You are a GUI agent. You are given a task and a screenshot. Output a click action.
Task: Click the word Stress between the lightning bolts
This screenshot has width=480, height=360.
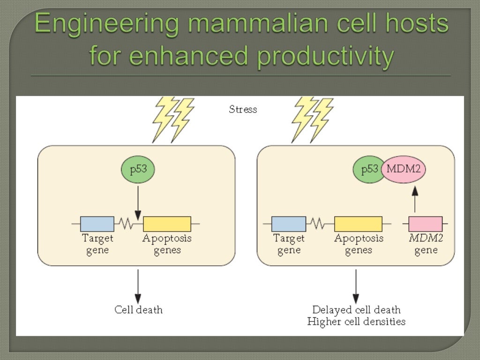pyautogui.click(x=243, y=110)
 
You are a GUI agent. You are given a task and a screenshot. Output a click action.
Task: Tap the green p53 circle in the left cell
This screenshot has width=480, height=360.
pyautogui.click(x=138, y=170)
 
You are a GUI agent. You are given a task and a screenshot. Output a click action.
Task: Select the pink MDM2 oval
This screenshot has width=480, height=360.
pyautogui.click(x=404, y=170)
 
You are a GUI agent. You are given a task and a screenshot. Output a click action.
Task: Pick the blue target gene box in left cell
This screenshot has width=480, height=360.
pyautogui.click(x=97, y=224)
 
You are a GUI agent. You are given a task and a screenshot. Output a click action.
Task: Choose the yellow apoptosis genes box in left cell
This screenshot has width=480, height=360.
pyautogui.click(x=167, y=224)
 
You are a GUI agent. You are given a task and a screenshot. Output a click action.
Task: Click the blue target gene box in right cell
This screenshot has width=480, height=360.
pyautogui.click(x=289, y=224)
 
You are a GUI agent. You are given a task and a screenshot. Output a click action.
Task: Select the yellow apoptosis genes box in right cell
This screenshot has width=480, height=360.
pyautogui.click(x=358, y=224)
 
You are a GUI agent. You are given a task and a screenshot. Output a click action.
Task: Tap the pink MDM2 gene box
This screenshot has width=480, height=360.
pyautogui.click(x=426, y=224)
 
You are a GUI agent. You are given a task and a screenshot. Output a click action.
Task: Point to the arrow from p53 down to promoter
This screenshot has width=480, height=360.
pyautogui.click(x=138, y=202)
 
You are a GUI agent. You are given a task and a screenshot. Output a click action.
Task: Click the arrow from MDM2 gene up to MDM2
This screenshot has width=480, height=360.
pyautogui.click(x=415, y=199)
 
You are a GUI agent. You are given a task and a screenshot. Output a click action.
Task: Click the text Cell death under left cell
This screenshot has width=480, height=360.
pyautogui.click(x=138, y=310)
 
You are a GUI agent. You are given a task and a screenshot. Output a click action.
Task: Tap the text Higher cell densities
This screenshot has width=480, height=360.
pyautogui.click(x=356, y=322)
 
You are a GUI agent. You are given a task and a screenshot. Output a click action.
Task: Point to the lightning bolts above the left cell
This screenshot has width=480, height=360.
pyautogui.click(x=172, y=119)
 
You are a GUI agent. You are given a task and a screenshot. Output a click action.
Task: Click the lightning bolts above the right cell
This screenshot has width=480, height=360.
pyautogui.click(x=312, y=119)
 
